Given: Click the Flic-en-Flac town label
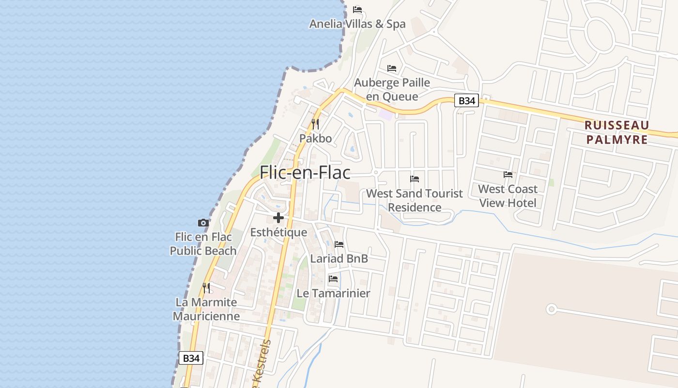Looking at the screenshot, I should click(305, 173).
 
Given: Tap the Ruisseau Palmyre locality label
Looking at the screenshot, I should click(616, 132).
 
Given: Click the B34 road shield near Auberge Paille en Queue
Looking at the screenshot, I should click(466, 101).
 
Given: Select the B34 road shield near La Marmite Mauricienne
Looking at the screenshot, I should click(191, 358).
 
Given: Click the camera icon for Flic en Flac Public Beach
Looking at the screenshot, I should click(203, 223).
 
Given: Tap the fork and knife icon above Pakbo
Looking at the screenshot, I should click(315, 124).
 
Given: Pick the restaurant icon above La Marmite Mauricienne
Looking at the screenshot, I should click(206, 288).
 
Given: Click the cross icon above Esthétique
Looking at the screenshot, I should click(278, 218).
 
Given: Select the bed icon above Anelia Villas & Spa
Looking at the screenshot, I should click(357, 10).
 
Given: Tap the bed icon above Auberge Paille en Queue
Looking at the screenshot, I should click(392, 68).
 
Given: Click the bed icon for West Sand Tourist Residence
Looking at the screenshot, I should click(415, 179).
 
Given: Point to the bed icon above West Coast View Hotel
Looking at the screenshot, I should click(508, 175).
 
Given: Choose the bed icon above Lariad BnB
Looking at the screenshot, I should click(339, 244).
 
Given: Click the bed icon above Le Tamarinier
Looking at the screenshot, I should click(333, 279).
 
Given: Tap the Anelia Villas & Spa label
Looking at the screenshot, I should click(357, 24).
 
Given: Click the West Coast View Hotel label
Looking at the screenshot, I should click(508, 195).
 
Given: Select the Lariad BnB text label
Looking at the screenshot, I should click(339, 259).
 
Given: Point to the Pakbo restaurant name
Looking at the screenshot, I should click(315, 138).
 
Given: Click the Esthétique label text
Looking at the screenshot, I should click(278, 232).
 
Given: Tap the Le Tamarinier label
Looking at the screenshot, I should click(333, 293).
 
